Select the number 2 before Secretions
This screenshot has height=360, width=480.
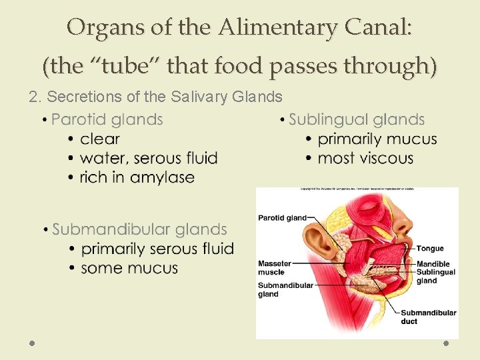point(33,97)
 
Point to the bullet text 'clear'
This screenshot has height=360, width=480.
point(99,139)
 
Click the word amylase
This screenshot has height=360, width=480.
point(162,178)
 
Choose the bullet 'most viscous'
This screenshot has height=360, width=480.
point(365,159)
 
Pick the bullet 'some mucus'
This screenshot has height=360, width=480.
point(129,269)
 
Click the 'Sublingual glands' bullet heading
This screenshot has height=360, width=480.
point(357,120)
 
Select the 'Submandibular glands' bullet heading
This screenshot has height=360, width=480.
point(139,230)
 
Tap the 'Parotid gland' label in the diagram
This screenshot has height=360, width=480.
point(282,217)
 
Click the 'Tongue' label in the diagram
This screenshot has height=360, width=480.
point(430,249)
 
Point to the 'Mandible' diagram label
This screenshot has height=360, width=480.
point(433,264)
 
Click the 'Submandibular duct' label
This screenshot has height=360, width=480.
point(428,317)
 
